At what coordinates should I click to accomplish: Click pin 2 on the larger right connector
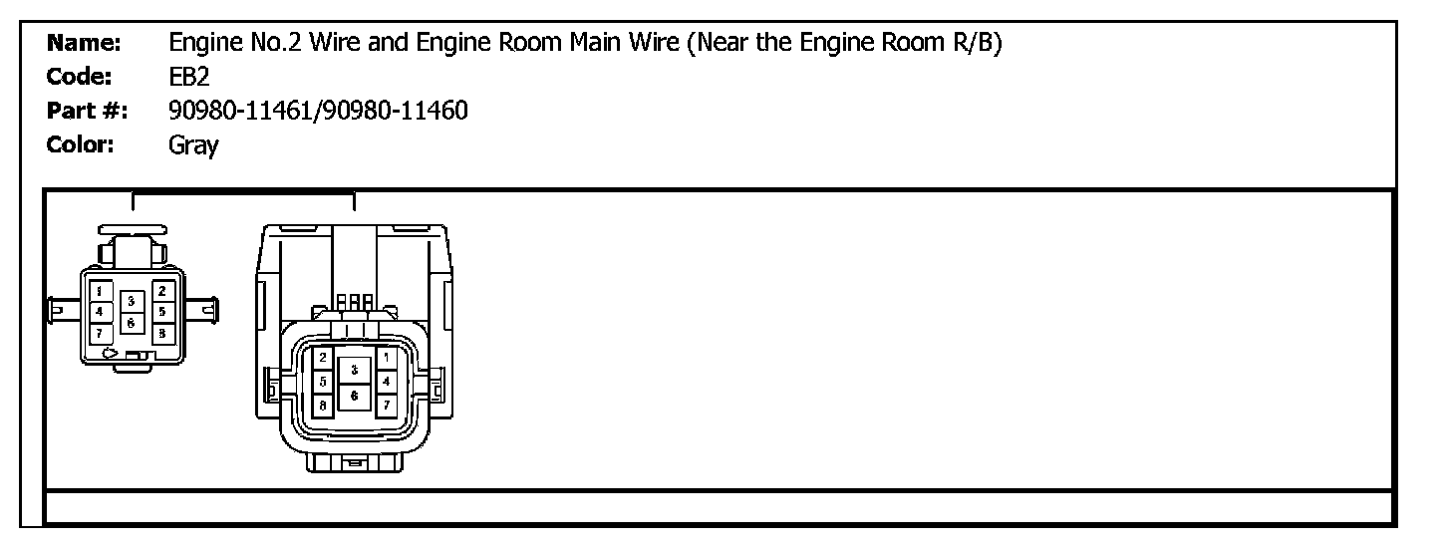[324, 358]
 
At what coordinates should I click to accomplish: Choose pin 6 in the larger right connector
[355, 395]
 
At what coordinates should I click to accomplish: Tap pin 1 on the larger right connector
[387, 358]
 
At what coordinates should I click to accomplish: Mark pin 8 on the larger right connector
[324, 406]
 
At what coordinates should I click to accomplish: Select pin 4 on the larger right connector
[387, 381]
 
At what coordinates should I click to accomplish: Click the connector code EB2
[189, 77]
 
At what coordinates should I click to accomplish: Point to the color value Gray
[193, 145]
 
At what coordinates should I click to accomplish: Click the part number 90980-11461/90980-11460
[318, 111]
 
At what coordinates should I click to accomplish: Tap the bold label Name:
[85, 43]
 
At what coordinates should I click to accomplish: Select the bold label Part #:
[85, 111]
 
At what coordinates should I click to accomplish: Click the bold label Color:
[82, 145]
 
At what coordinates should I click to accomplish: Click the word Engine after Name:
[200, 43]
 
